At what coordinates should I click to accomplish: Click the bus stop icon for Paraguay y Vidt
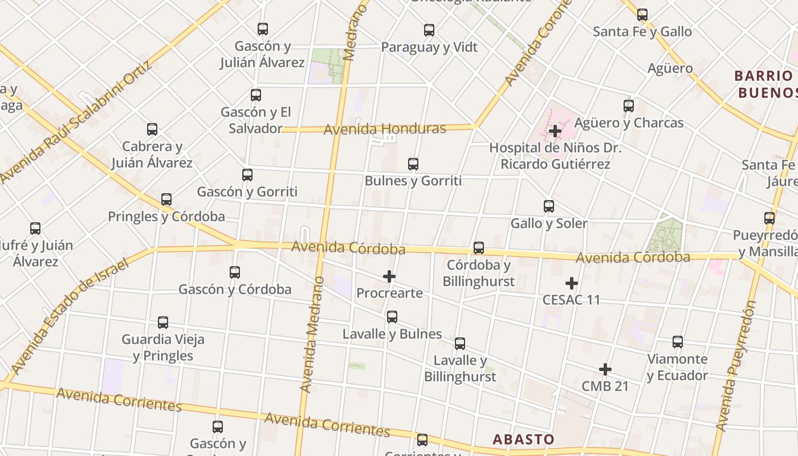click(x=429, y=30)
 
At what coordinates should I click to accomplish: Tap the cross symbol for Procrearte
click(x=389, y=277)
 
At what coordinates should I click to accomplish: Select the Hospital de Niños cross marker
click(x=555, y=131)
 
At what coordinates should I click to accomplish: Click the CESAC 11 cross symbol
click(x=572, y=283)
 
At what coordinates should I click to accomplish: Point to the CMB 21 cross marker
click(x=605, y=370)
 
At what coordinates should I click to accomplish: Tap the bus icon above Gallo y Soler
click(x=549, y=206)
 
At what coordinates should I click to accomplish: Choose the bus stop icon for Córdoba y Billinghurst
click(x=479, y=248)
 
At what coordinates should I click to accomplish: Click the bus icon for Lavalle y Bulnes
click(x=392, y=317)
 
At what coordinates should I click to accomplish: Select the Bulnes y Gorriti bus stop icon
click(x=413, y=164)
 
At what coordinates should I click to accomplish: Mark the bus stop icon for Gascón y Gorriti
click(x=247, y=175)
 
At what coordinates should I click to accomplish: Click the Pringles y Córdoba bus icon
click(x=166, y=199)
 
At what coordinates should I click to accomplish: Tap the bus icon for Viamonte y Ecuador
click(x=678, y=342)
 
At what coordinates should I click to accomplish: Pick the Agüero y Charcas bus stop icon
click(x=629, y=106)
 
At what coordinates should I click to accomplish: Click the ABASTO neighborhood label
click(x=523, y=439)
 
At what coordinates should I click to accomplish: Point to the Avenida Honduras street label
click(x=385, y=129)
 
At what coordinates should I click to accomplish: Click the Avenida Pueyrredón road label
click(x=735, y=366)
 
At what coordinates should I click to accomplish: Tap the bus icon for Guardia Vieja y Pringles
click(x=163, y=323)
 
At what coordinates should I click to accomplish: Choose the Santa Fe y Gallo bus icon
click(x=642, y=15)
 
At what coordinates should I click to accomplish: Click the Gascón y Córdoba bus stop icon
click(x=235, y=272)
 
